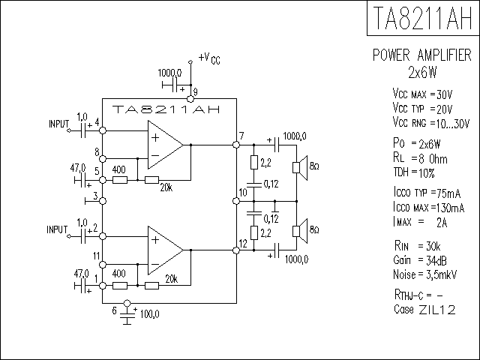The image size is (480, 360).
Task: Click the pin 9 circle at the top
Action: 190,99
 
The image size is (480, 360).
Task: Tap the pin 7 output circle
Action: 236,145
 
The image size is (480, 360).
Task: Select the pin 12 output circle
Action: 236,250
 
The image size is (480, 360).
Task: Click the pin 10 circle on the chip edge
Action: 236,201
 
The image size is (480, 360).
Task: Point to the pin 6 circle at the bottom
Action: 127,303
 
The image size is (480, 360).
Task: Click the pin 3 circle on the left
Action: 103,201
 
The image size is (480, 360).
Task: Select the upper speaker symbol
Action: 300,168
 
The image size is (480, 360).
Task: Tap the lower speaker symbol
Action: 300,232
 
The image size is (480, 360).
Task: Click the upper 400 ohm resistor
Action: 120,180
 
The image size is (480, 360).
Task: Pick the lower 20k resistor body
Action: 151,286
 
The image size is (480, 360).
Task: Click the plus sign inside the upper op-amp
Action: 155,137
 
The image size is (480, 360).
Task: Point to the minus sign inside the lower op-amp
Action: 155,264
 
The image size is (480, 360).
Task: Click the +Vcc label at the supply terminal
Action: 209,58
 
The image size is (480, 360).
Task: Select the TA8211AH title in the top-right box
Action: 423,18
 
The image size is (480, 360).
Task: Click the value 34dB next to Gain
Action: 436,260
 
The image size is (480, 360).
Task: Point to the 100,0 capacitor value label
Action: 150,314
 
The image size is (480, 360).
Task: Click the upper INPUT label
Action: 58,124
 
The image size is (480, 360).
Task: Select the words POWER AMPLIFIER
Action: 421,55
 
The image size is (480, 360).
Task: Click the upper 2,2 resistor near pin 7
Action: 254,162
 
